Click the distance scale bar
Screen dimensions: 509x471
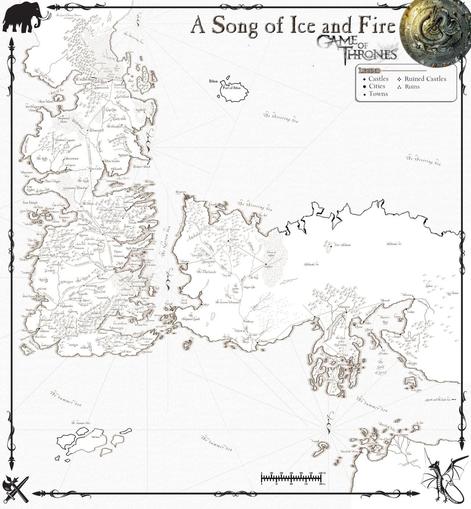291,478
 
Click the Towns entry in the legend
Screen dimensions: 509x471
378,94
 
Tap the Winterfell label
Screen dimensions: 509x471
96,130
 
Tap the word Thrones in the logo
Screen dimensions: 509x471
369,54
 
